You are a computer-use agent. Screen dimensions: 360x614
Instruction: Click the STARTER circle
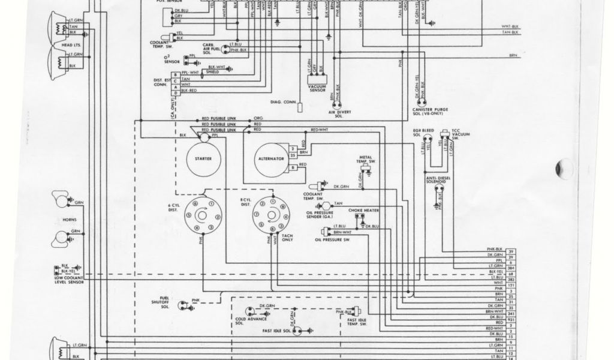(203, 158)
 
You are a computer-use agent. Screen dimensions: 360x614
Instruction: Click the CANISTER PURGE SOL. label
(425, 111)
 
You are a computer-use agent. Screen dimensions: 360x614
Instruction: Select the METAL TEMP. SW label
(368, 160)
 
